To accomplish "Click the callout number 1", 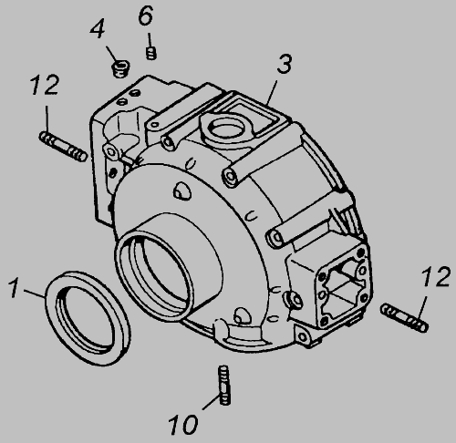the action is click(x=14, y=288).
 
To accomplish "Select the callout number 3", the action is click(x=285, y=64).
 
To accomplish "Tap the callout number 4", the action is click(x=98, y=28).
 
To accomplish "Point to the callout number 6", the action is click(x=146, y=15).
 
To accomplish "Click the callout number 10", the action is click(x=182, y=425).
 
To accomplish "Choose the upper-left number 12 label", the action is click(x=45, y=85).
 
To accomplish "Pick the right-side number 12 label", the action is click(x=436, y=276).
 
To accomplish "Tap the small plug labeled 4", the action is click(x=121, y=69).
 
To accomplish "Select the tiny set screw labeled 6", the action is click(x=151, y=53).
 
